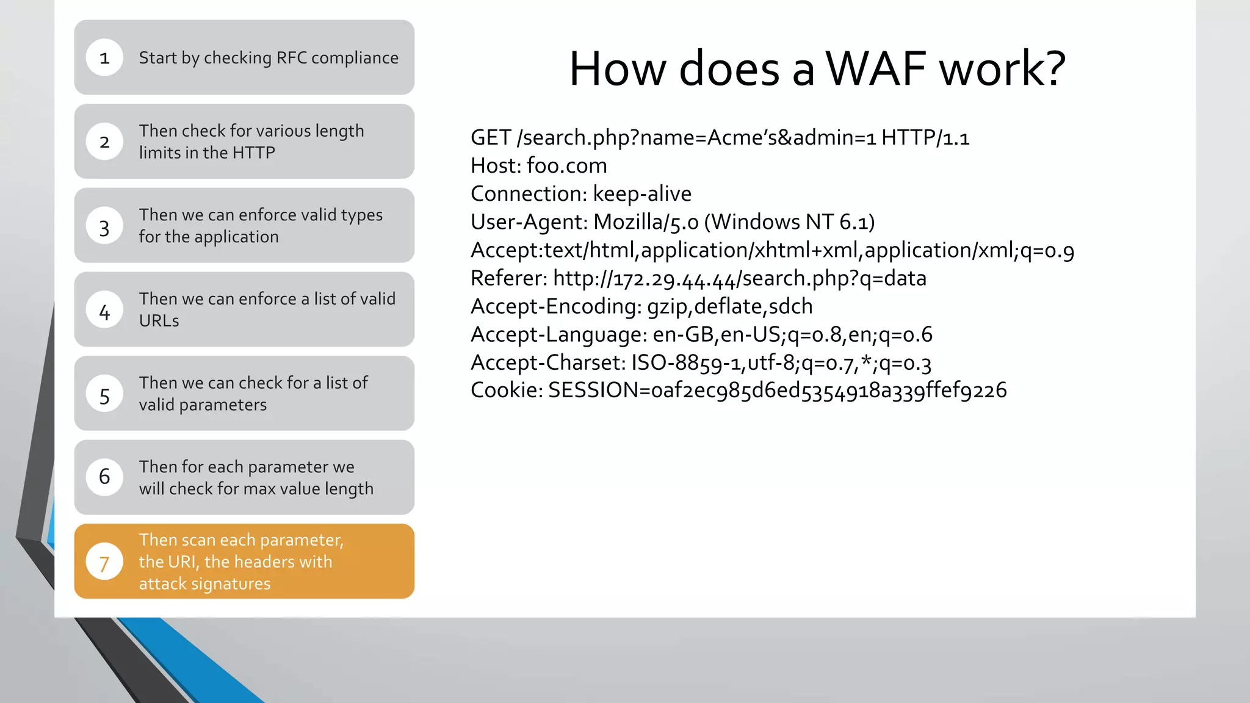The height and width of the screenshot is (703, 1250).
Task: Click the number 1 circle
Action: (x=104, y=57)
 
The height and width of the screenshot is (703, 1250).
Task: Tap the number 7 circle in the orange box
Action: (x=104, y=561)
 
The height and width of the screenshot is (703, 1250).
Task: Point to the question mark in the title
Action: (x=1052, y=68)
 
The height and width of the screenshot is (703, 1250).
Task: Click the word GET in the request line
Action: (x=490, y=138)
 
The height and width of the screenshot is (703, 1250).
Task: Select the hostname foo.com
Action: (x=566, y=166)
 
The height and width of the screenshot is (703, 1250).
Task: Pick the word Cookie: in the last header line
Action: (x=506, y=391)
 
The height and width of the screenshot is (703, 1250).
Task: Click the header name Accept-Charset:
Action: (x=547, y=362)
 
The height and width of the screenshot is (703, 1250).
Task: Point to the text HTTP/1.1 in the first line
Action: (x=925, y=138)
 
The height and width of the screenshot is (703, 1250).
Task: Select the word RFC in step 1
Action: (x=291, y=58)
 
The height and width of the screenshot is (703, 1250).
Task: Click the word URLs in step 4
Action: (x=159, y=321)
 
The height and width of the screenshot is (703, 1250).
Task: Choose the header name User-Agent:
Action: (x=529, y=222)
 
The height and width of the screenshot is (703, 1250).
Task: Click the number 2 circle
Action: (x=104, y=142)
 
